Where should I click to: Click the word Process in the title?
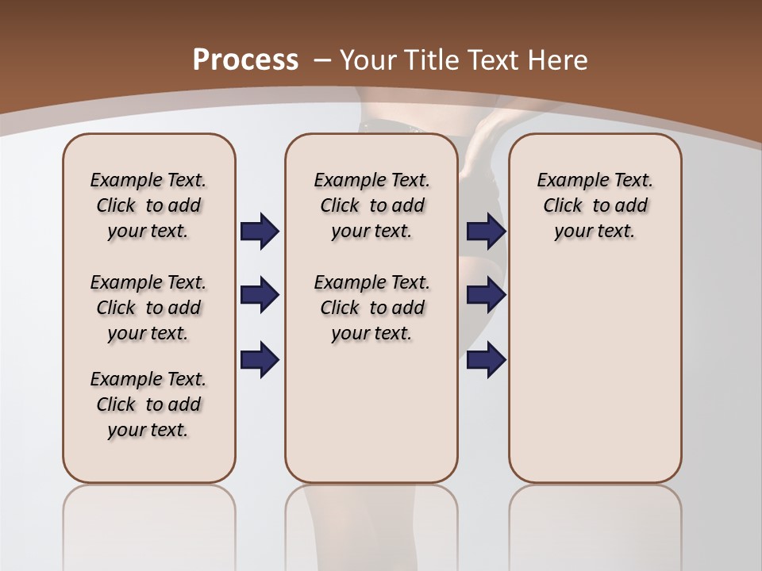pos(245,59)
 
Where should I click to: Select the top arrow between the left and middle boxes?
pos(260,231)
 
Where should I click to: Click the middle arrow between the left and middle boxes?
pos(260,295)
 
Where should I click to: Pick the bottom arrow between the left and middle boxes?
pos(260,359)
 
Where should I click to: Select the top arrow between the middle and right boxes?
pos(486,231)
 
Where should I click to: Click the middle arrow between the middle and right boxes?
pos(486,295)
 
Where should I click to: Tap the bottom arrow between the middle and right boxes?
pos(486,359)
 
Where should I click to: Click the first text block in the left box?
pos(148,205)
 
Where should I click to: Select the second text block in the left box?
pos(148,308)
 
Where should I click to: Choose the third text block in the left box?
pos(148,404)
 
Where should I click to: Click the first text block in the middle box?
pos(371,205)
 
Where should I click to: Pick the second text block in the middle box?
pos(371,308)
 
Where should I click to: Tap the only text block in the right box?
pos(595,205)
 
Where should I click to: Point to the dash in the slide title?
pos(322,59)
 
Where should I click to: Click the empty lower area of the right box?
pos(595,373)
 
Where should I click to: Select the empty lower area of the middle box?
pos(371,412)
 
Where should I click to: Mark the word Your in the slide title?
pos(368,59)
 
